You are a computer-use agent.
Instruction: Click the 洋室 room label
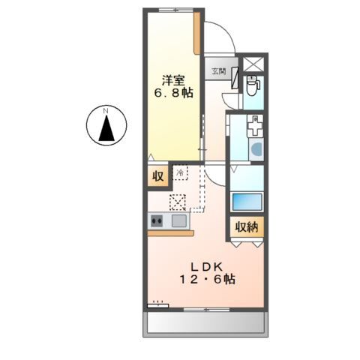pyautogui.click(x=173, y=80)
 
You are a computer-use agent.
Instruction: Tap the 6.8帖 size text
pyautogui.click(x=173, y=93)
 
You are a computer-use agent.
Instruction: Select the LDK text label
pyautogui.click(x=206, y=267)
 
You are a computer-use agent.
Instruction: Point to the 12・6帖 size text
pyautogui.click(x=207, y=279)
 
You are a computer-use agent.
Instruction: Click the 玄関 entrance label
pyautogui.click(x=219, y=71)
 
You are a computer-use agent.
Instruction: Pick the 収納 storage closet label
pyautogui.click(x=247, y=227)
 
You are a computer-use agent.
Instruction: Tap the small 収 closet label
pyautogui.click(x=158, y=176)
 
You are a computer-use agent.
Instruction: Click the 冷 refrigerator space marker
pyautogui.click(x=180, y=172)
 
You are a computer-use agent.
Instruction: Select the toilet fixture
pyautogui.click(x=253, y=85)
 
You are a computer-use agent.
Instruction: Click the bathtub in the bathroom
pyautogui.click(x=247, y=202)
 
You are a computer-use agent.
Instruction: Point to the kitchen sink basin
pyautogui.click(x=178, y=221)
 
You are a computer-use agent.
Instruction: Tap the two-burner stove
pyautogui.click(x=157, y=221)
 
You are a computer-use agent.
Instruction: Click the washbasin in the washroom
pyautogui.click(x=256, y=149)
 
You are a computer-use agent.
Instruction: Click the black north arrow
pyautogui.click(x=106, y=128)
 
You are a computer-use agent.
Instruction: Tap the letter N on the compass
pyautogui.click(x=106, y=111)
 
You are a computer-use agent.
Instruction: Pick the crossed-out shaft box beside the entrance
pyautogui.click(x=253, y=64)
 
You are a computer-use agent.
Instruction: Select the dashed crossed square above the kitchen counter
pyautogui.click(x=178, y=202)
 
